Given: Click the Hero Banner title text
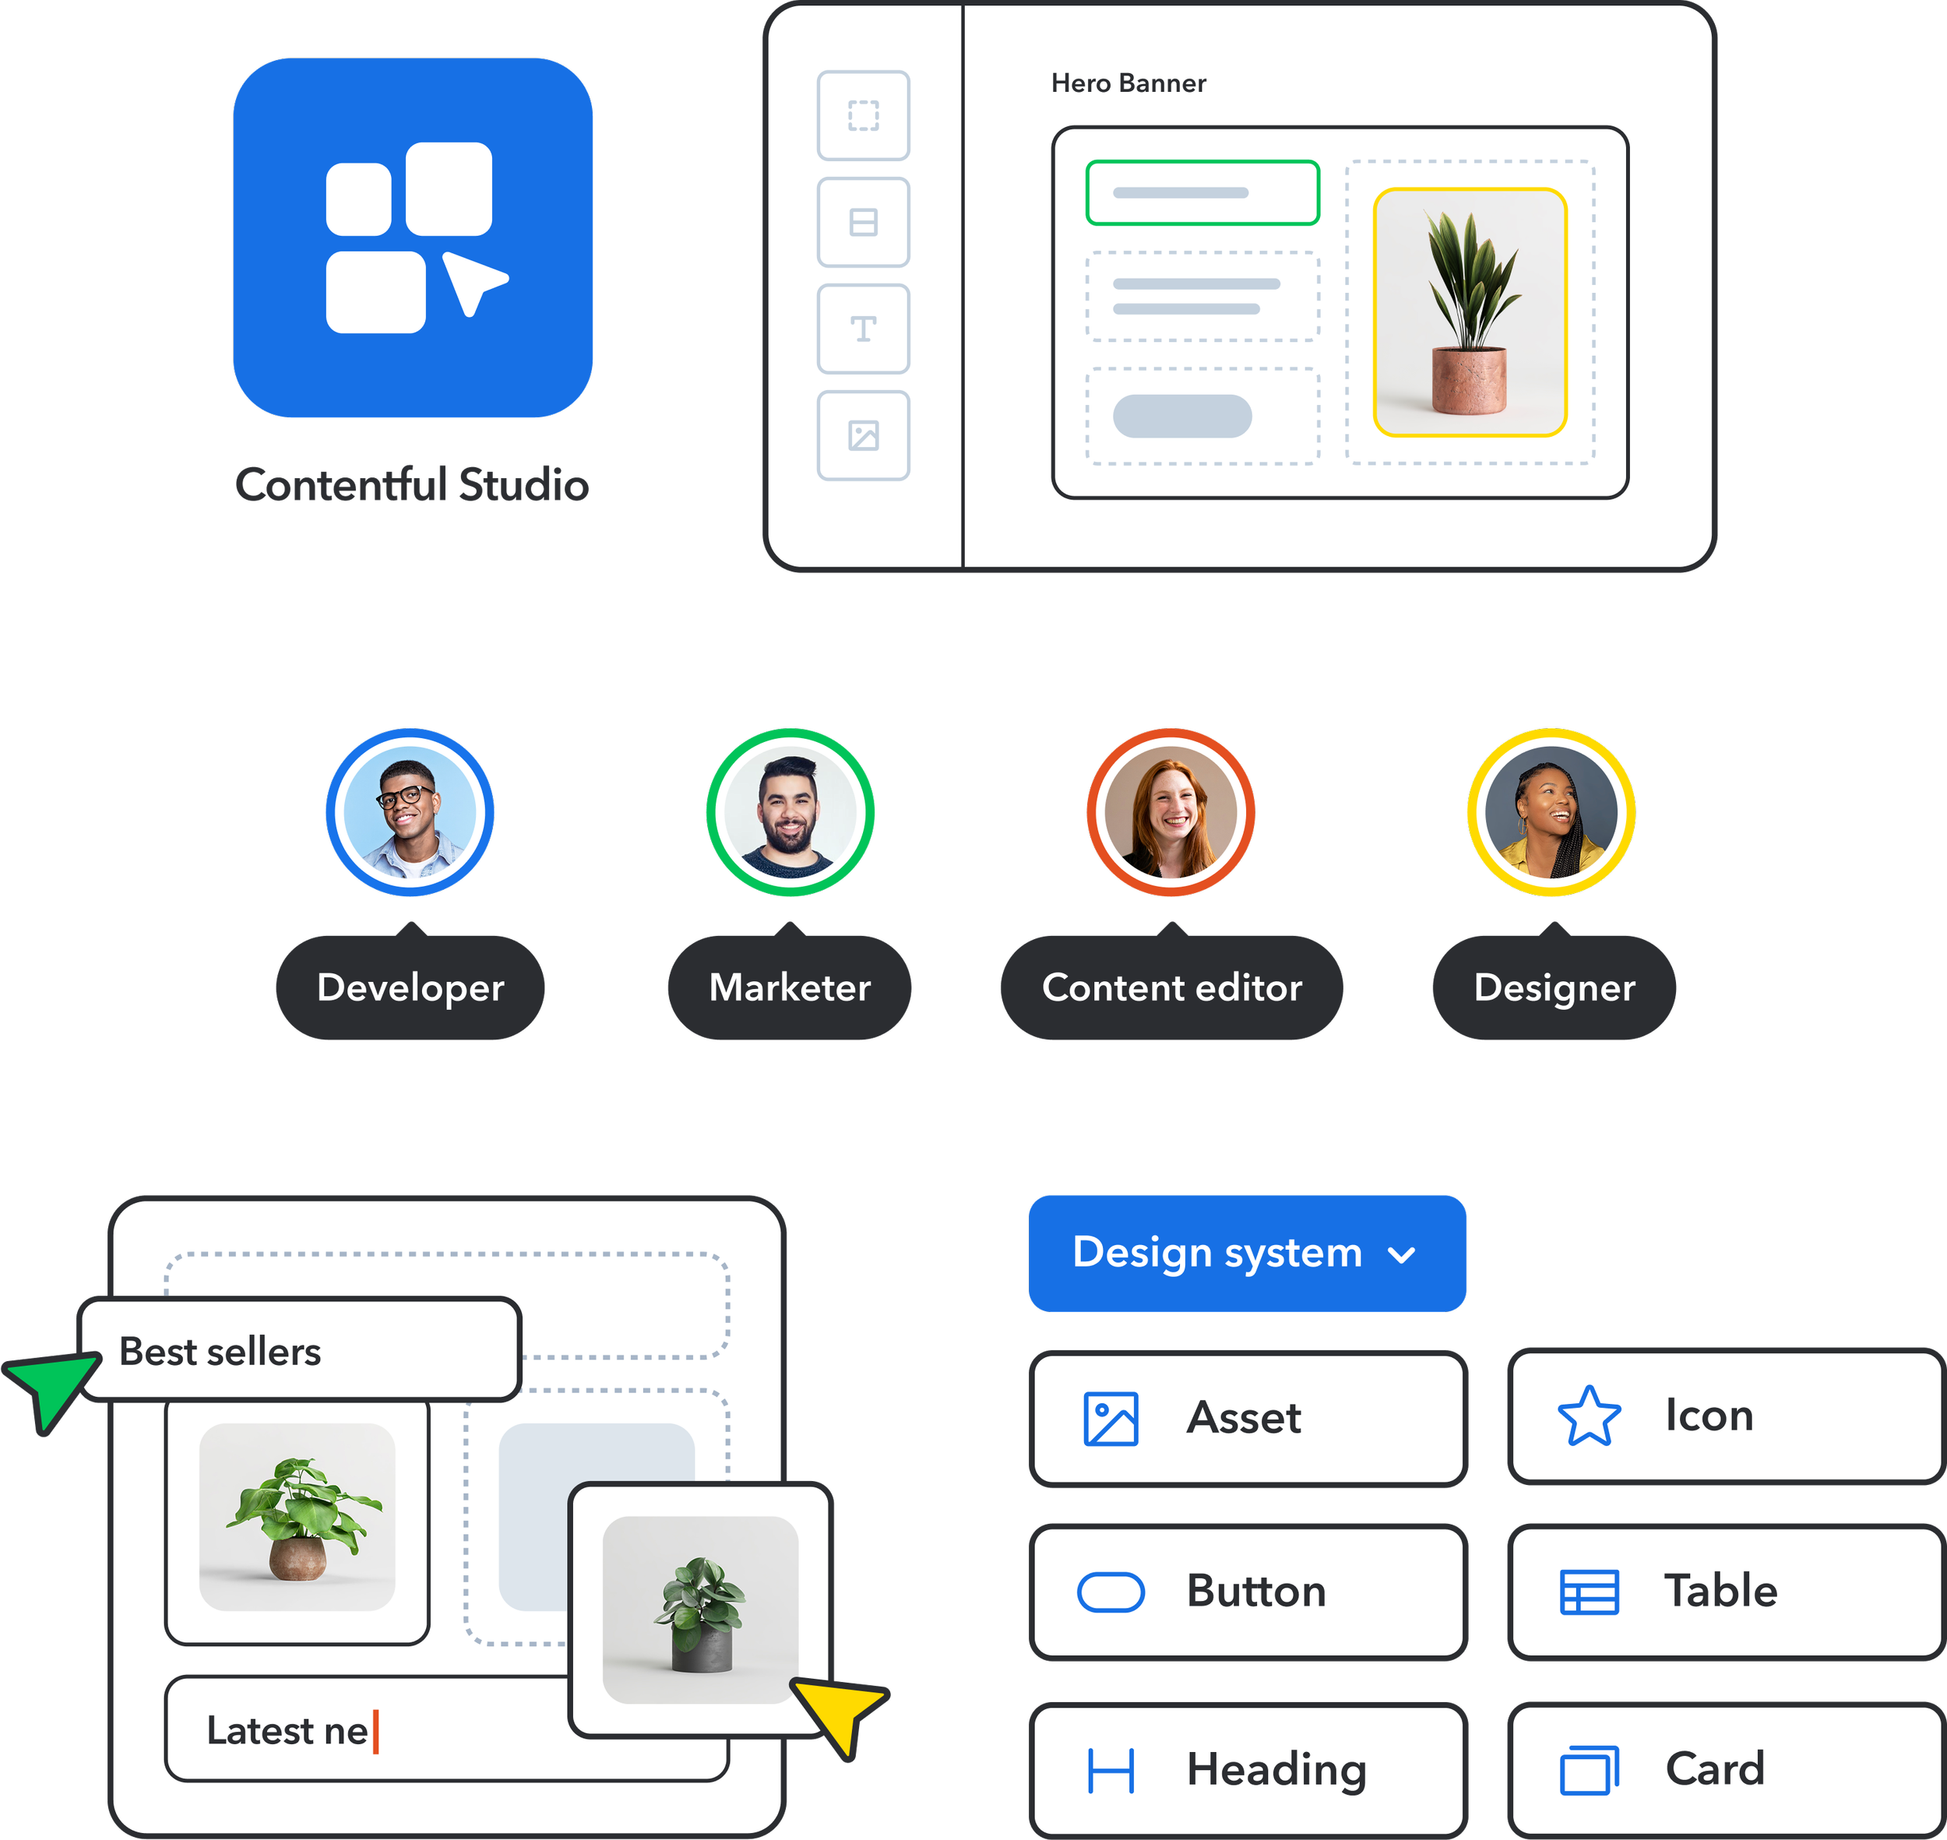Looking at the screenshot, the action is (1128, 83).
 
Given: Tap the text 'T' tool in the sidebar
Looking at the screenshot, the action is (863, 329).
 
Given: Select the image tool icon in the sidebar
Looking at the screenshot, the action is (863, 435).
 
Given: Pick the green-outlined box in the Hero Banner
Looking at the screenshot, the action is (1202, 192).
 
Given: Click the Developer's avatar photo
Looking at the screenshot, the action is (410, 812).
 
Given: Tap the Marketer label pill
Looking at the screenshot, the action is (790, 986).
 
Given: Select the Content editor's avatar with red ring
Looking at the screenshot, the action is (1171, 812).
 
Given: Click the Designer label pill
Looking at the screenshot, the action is (1554, 986).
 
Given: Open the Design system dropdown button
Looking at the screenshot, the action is (1247, 1253).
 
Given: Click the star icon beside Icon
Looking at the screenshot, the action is (1589, 1416).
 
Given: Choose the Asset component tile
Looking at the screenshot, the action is (1248, 1418).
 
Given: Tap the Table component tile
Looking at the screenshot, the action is (1727, 1591).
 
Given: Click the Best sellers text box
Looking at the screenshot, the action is (299, 1349).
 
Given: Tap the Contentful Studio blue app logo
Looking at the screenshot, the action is (413, 237).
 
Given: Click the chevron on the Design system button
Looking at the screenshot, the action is (1402, 1254).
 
